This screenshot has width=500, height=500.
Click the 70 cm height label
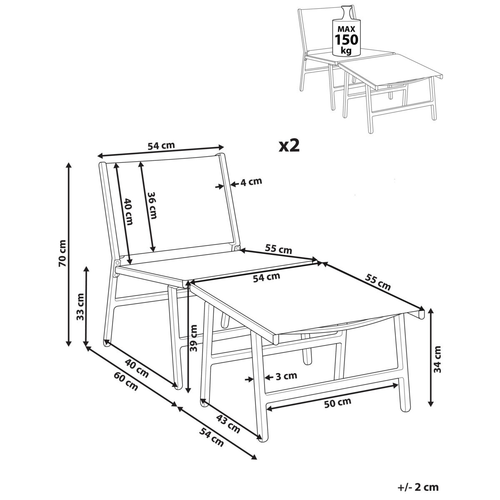63,253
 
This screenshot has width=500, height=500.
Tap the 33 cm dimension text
80,307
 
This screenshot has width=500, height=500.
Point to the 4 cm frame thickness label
251,182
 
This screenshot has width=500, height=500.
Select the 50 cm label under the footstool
337,402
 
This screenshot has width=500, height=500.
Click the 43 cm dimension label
228,424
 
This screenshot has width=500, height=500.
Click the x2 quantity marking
289,146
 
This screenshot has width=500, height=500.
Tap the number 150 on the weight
346,40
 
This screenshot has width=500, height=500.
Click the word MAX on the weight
346,29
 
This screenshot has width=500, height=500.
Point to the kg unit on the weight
346,50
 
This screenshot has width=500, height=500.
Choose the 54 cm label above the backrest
161,145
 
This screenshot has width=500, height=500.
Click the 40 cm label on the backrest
128,212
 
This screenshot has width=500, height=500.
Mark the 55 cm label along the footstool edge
377,282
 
